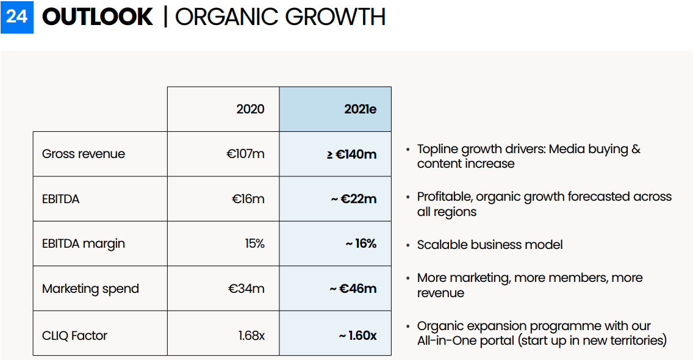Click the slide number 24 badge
tap(17, 16)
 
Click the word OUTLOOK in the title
tap(97, 16)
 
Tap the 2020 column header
tap(250, 109)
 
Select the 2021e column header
tap(360, 109)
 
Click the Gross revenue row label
tap(84, 154)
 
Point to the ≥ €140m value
tap(351, 154)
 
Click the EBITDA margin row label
tap(84, 243)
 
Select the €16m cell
tap(248, 199)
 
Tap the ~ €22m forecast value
tap(354, 199)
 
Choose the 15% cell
tap(254, 243)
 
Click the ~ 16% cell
tap(361, 243)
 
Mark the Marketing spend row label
tap(90, 289)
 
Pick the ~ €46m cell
tap(353, 289)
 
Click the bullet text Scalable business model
tap(490, 245)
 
